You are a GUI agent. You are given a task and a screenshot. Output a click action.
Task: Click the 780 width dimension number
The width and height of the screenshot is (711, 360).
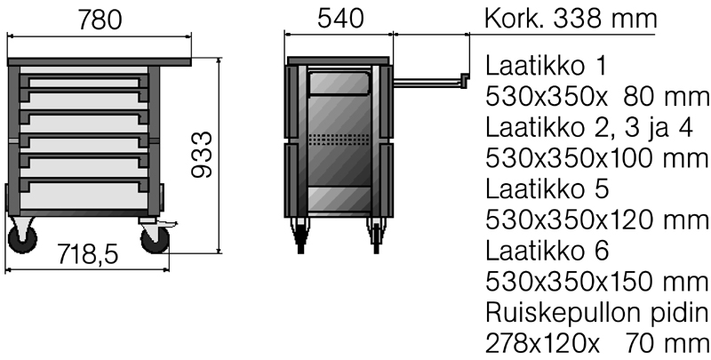(100, 20)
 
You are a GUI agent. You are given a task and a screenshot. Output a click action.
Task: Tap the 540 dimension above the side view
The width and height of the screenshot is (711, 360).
(340, 19)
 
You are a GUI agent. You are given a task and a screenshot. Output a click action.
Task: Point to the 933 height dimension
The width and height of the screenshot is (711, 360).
(202, 155)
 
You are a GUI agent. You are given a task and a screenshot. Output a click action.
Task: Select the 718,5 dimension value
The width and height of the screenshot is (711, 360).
(87, 254)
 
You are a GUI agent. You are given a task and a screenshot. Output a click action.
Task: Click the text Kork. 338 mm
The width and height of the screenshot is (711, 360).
(571, 19)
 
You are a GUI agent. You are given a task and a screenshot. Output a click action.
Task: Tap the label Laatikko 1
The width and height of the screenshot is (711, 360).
(546, 66)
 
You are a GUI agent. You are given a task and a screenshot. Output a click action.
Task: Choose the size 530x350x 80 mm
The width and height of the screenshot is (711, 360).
(596, 97)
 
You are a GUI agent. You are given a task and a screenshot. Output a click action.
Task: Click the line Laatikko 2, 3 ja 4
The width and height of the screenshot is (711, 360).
(589, 128)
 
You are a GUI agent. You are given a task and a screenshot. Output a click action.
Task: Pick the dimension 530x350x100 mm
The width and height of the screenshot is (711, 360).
(596, 158)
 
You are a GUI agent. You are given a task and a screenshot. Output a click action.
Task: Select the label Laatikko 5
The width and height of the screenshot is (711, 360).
(547, 189)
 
